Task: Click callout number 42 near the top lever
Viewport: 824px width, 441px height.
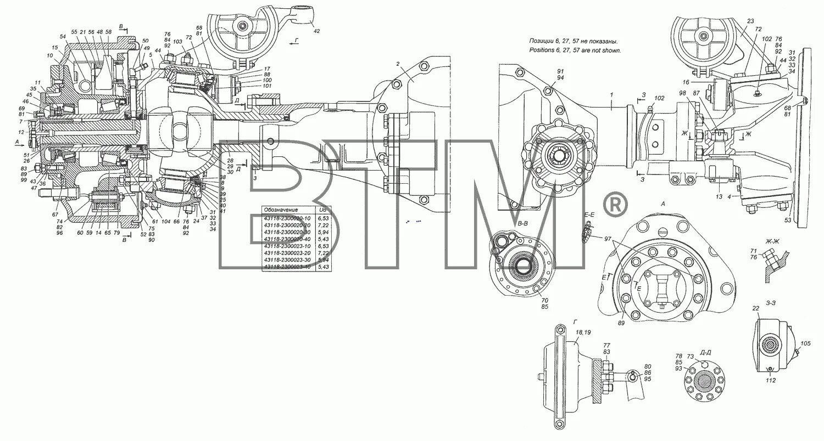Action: tap(316, 32)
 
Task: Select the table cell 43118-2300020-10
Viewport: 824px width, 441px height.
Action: tap(287, 218)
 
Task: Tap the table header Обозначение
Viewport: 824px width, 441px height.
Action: tap(281, 210)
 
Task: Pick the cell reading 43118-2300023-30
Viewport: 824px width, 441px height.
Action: tap(287, 258)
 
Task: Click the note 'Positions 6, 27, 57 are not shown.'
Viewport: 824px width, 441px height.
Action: tap(575, 50)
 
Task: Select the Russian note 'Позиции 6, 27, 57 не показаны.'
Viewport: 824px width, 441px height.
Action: tap(574, 41)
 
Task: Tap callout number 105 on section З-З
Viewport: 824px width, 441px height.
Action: tap(805, 344)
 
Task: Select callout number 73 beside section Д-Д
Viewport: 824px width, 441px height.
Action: tap(691, 356)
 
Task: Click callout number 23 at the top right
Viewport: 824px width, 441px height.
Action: tap(750, 21)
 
